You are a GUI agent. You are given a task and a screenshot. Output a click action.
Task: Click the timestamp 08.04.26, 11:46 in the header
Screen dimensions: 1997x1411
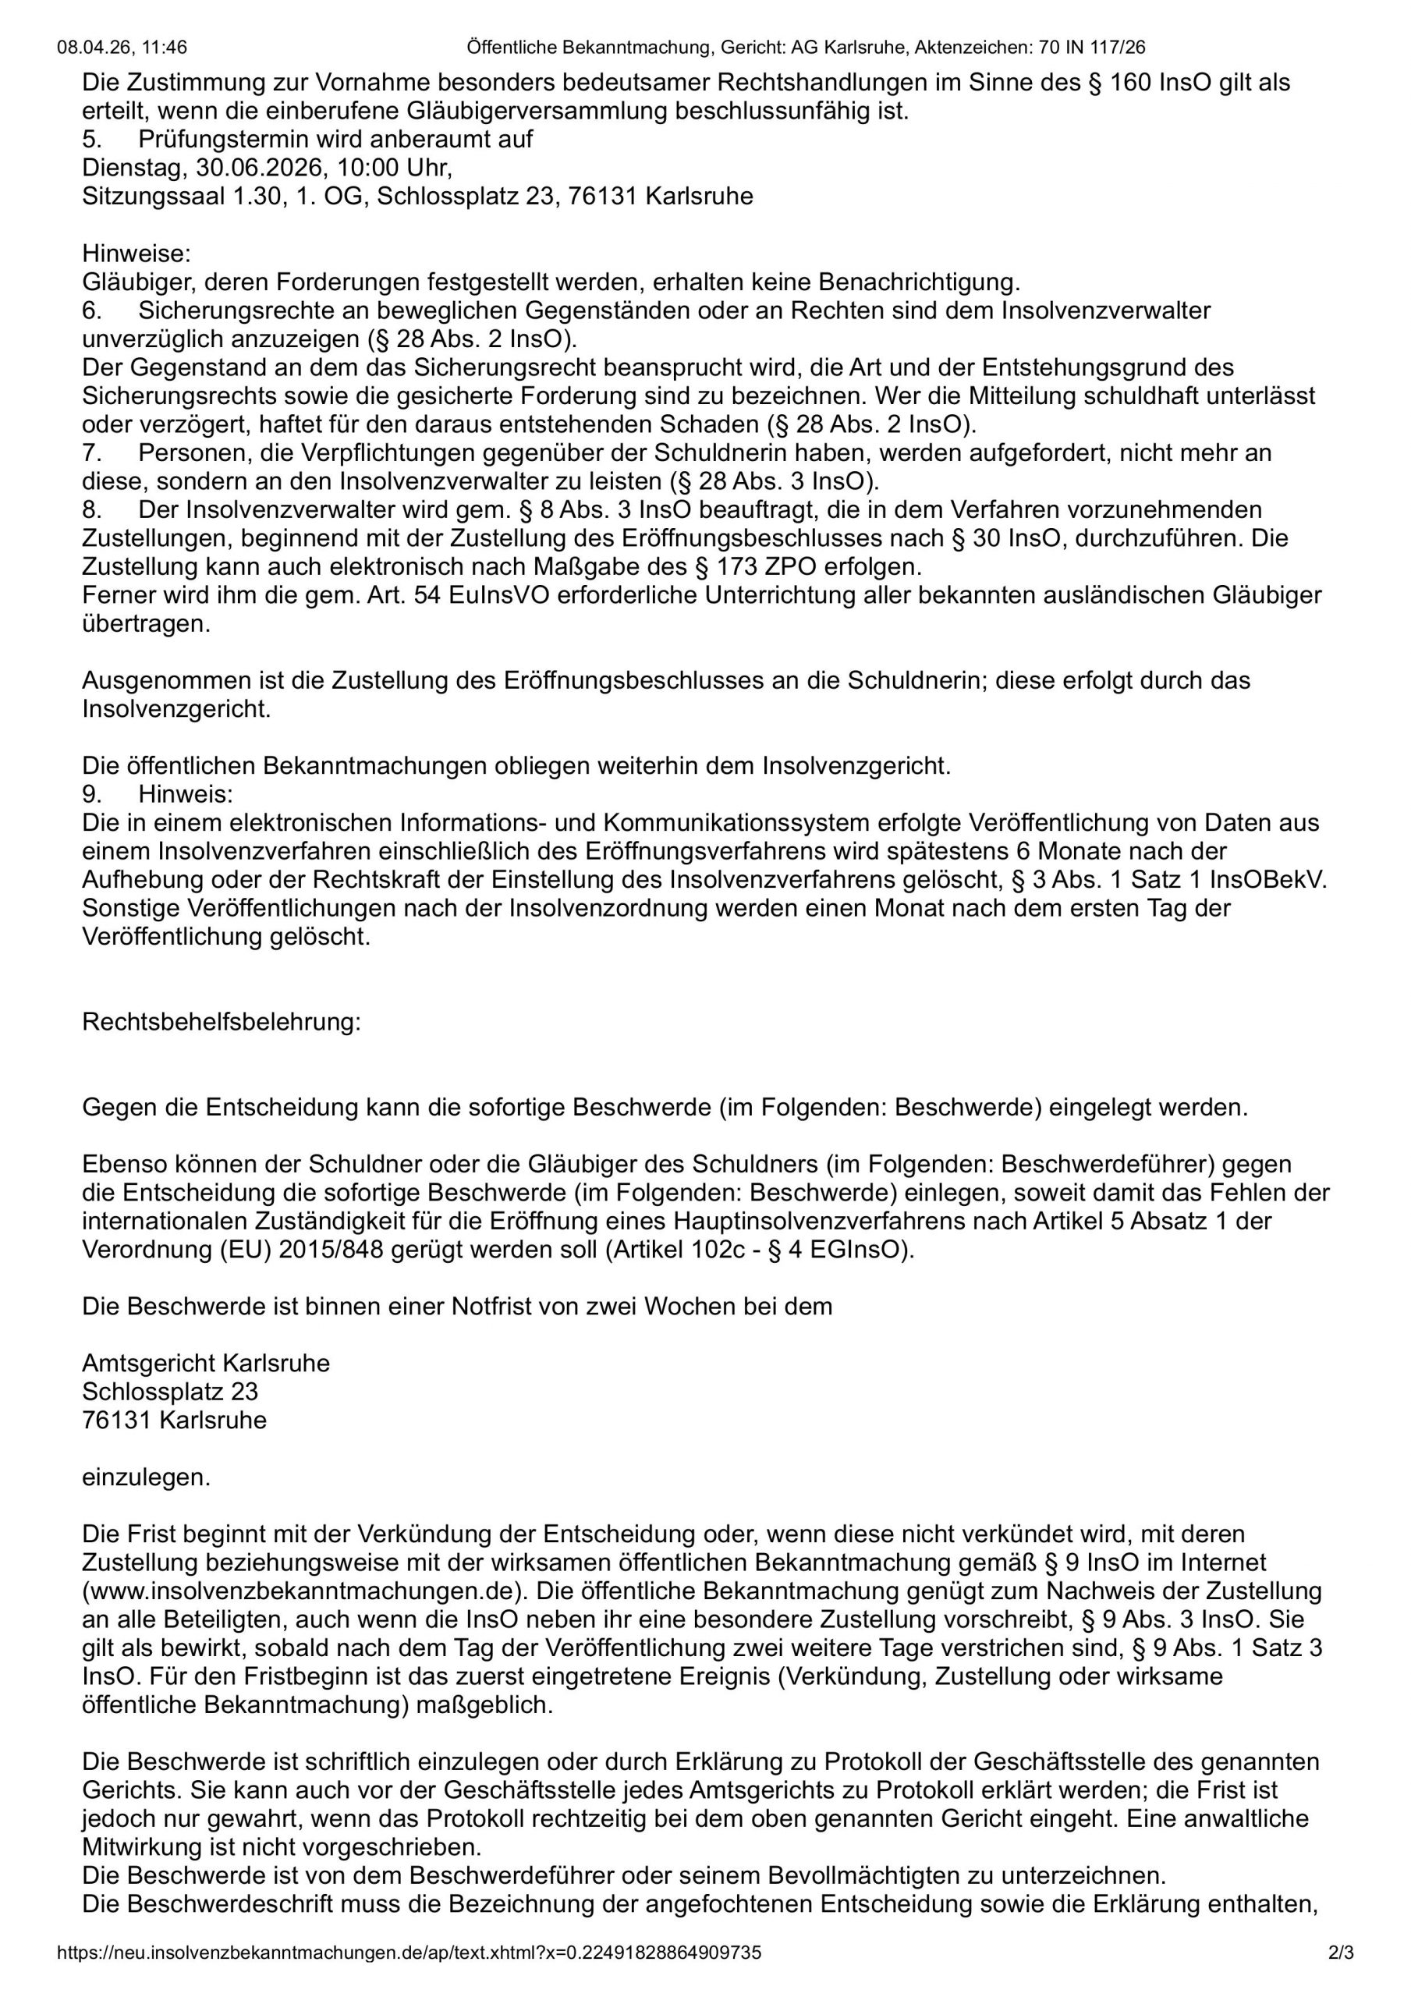click(122, 47)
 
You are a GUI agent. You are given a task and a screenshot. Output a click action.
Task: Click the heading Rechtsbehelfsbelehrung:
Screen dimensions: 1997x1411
click(221, 1021)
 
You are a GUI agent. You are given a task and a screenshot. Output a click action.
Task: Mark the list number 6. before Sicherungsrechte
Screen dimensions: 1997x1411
click(91, 310)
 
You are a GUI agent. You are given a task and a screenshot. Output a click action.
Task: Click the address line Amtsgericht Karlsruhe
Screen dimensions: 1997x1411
click(206, 1363)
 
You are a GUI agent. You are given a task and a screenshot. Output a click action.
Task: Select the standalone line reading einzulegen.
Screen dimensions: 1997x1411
click(146, 1477)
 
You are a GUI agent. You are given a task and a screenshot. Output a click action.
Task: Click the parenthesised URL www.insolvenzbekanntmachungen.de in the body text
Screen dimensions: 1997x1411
click(301, 1591)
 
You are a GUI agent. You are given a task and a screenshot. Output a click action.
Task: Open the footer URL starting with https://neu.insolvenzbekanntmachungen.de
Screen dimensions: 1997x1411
click(409, 1953)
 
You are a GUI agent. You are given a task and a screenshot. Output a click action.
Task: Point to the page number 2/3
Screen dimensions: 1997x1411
click(1342, 1953)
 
